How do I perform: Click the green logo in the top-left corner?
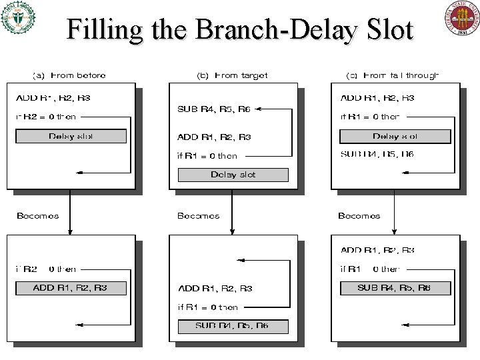tap(19, 18)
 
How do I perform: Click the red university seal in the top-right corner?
tap(461, 18)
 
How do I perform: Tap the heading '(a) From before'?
tap(69, 75)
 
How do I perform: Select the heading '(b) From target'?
tap(232, 75)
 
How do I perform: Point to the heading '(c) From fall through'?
tap(393, 75)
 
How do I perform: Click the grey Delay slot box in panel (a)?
tap(71, 136)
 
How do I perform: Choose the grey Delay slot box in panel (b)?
tap(233, 175)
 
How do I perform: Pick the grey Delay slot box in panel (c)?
tap(395, 136)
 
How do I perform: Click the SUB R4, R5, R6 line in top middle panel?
tap(214, 109)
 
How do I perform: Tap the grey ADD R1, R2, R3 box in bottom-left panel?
tap(71, 288)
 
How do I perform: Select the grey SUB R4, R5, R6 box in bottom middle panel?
tap(233, 326)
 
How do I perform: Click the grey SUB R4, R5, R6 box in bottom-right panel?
tap(395, 288)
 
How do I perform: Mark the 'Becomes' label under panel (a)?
tap(37, 215)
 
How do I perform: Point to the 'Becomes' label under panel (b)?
tap(199, 215)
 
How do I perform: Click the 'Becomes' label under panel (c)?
tap(359, 215)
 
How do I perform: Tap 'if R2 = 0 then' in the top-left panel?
tap(45, 117)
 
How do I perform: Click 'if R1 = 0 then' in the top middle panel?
tap(207, 156)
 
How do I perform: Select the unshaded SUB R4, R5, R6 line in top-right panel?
tap(377, 155)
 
